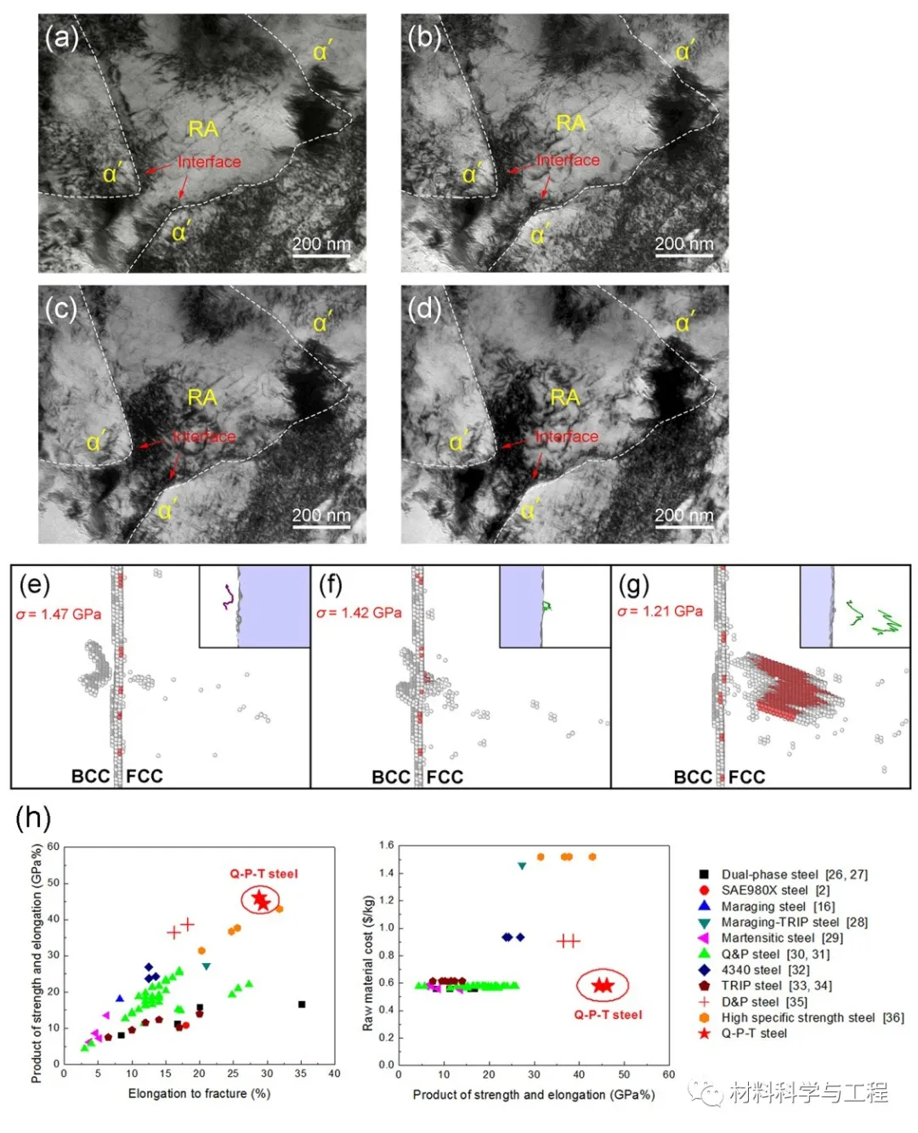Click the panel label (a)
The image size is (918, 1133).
[x=62, y=37]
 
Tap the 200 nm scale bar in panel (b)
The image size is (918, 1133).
[x=683, y=246]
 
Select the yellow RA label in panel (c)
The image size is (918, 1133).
[x=202, y=397]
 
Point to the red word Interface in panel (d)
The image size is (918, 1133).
[x=567, y=436]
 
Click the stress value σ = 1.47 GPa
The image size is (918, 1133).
[x=59, y=614]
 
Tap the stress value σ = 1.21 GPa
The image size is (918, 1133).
[x=660, y=611]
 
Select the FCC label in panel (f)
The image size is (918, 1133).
[x=445, y=777]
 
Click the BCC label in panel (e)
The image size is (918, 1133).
[x=91, y=776]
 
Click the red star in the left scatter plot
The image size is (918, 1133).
[x=260, y=900]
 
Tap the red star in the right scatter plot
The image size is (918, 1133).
[x=603, y=985]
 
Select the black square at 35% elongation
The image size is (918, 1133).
[x=302, y=1005]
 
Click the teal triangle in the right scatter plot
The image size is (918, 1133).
[x=522, y=865]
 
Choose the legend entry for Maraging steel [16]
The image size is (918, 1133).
[x=778, y=906]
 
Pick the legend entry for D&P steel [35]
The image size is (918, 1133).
[x=764, y=1001]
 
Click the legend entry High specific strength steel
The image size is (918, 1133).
[x=812, y=1017]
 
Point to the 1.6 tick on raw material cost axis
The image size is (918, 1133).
[x=387, y=846]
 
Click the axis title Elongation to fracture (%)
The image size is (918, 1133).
[x=199, y=1093]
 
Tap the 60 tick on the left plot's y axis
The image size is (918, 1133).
[x=54, y=847]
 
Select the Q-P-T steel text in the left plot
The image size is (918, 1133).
[x=263, y=874]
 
